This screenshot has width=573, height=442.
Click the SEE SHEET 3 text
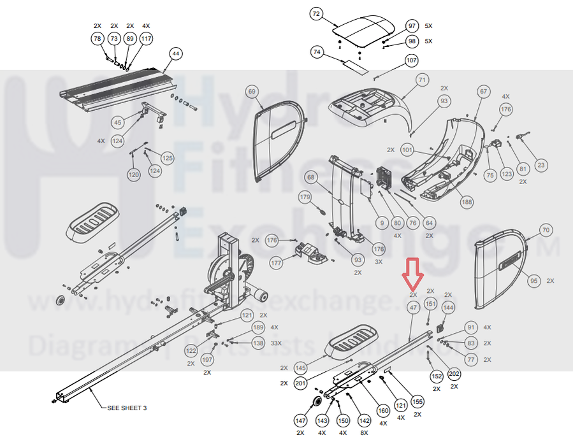(127, 408)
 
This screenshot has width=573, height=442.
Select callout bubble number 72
(317, 14)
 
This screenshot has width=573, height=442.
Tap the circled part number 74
(317, 52)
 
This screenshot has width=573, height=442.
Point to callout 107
(411, 61)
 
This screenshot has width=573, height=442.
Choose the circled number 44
(176, 54)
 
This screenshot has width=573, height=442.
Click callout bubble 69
(252, 92)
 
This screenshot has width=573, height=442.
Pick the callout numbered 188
(467, 202)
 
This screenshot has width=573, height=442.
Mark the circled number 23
(541, 166)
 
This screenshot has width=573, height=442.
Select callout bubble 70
(545, 230)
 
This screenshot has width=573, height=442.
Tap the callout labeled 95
(533, 280)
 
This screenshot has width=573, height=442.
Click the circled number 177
(276, 262)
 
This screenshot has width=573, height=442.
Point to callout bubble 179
(305, 198)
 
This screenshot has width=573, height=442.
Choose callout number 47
(413, 308)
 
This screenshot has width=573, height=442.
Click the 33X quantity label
(277, 343)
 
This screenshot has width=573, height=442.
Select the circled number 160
(383, 410)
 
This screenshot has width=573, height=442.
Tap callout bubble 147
(301, 421)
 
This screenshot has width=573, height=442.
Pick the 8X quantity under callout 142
(364, 433)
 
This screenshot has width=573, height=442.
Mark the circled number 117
(147, 39)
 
